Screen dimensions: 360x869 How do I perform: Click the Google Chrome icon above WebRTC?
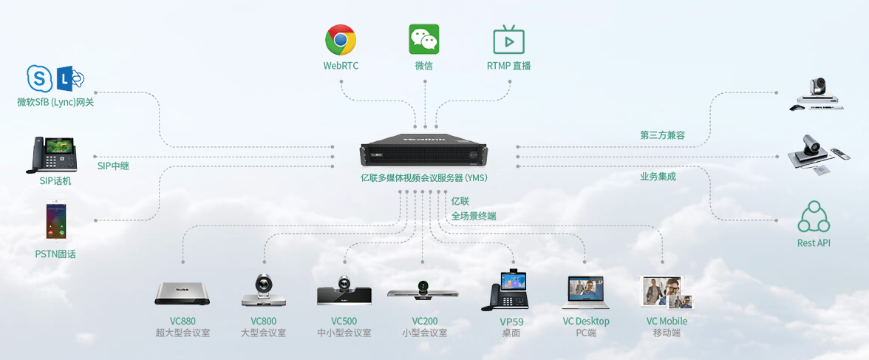341,39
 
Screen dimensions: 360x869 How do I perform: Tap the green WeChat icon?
424,39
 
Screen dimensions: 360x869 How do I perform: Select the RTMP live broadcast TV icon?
508,40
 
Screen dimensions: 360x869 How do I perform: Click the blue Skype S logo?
40,78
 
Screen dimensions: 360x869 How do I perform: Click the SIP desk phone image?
53,154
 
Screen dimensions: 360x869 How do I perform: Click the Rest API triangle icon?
814,217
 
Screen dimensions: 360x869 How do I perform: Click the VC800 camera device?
263,291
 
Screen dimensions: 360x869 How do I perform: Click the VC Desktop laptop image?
586,293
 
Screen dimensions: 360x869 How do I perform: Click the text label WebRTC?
341,66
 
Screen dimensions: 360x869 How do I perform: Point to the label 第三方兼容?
662,135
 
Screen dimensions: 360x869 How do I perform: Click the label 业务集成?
658,177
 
